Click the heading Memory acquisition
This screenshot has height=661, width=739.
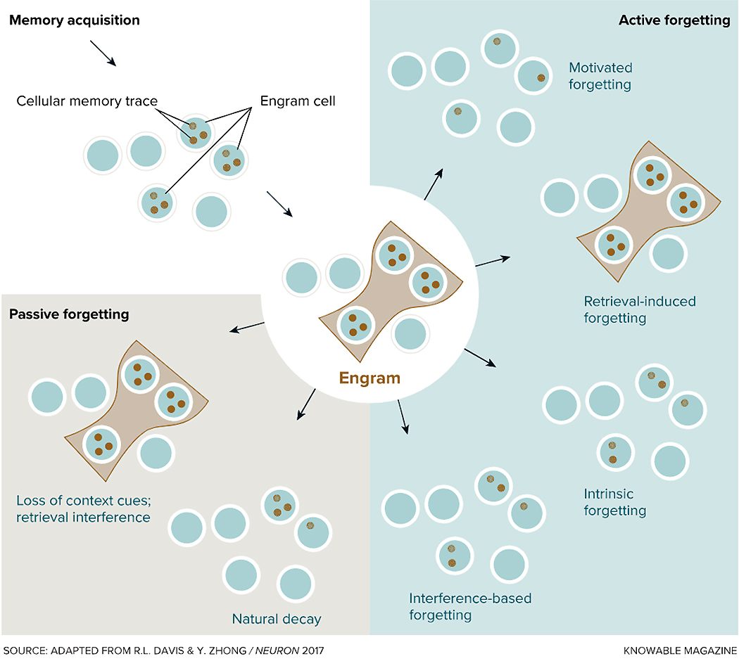pyautogui.click(x=74, y=20)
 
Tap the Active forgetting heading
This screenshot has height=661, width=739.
pyautogui.click(x=674, y=20)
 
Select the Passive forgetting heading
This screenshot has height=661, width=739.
pyautogui.click(x=69, y=314)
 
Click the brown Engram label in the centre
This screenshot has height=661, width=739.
pyautogui.click(x=369, y=378)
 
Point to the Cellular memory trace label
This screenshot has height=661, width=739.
pyautogui.click(x=87, y=101)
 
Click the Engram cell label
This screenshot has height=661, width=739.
pyautogui.click(x=298, y=101)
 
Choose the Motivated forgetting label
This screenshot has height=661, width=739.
pyautogui.click(x=600, y=76)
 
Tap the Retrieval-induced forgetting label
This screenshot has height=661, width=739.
pyautogui.click(x=639, y=309)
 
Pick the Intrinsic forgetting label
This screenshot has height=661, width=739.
pyautogui.click(x=614, y=501)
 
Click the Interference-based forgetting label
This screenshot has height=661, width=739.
pyautogui.click(x=470, y=607)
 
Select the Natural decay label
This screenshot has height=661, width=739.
pyautogui.click(x=277, y=620)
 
